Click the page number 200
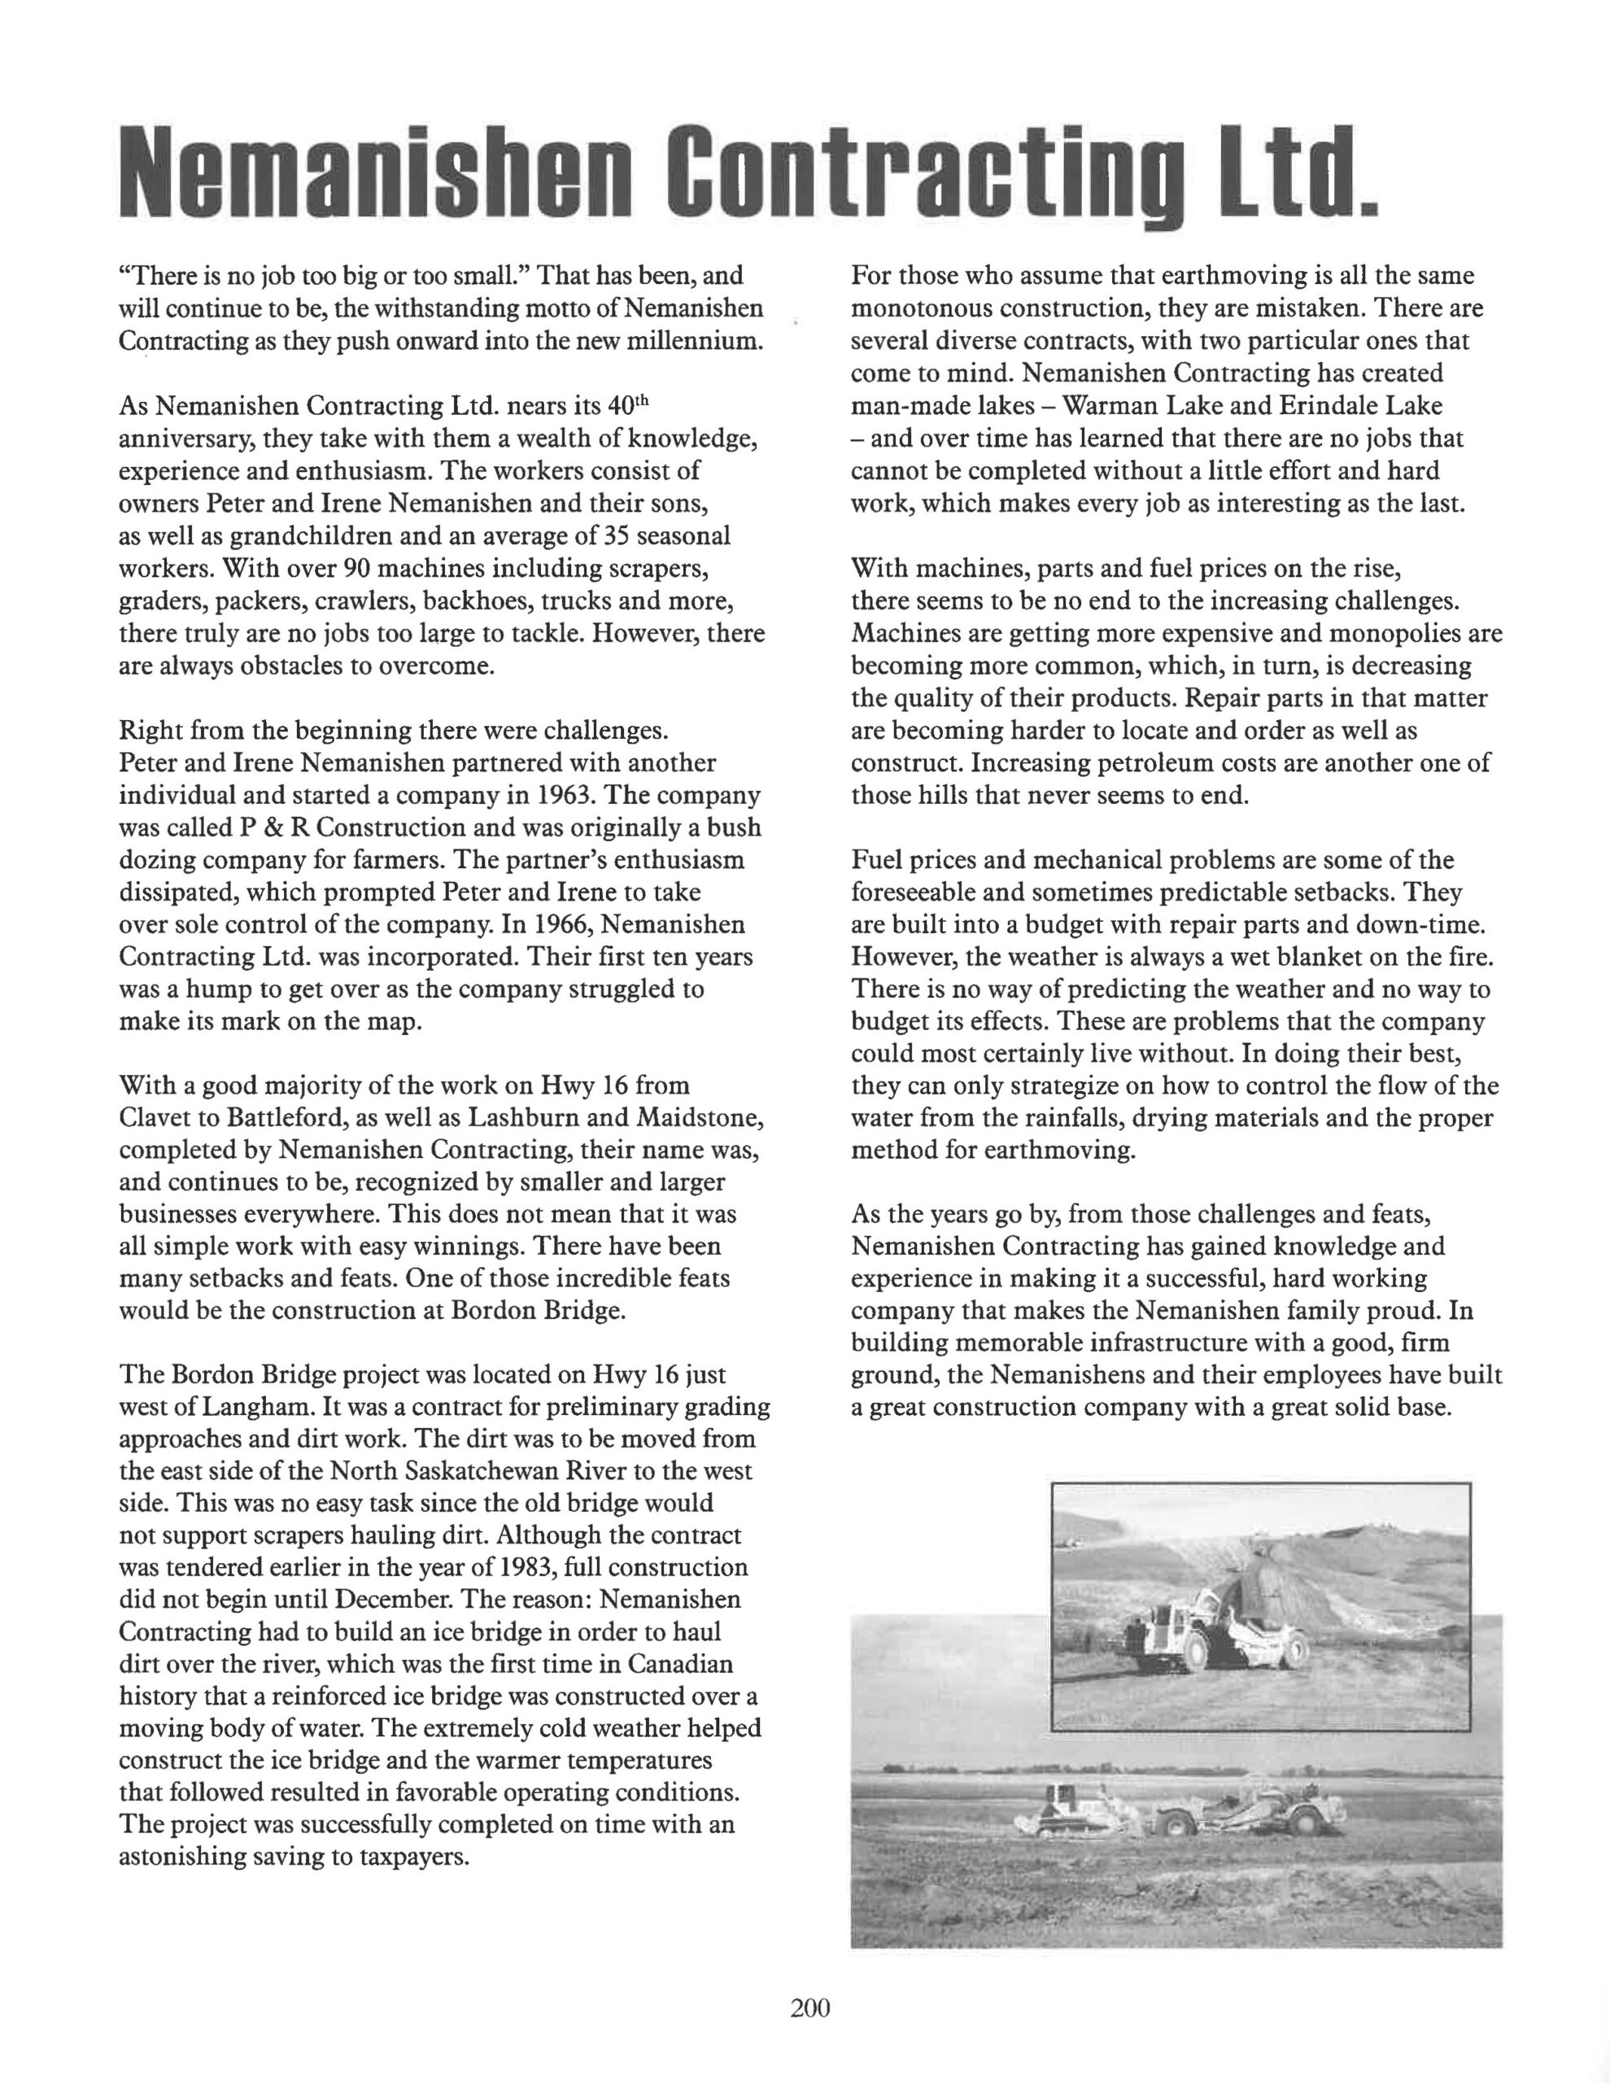tap(809, 2009)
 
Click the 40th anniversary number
tap(626, 406)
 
